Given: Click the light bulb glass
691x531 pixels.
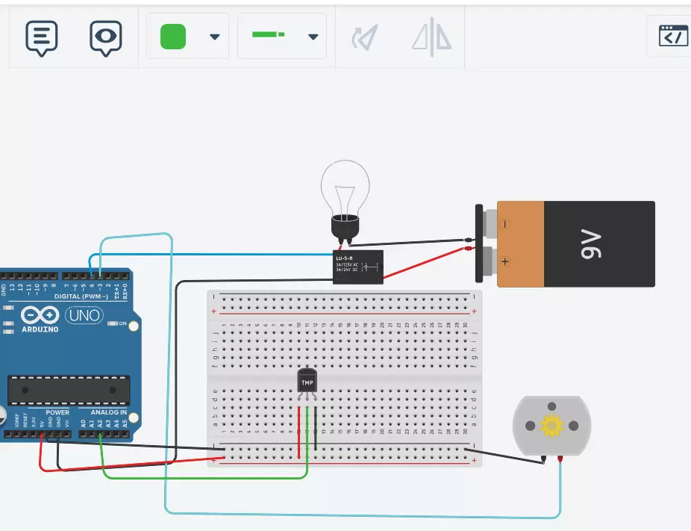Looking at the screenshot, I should [x=345, y=187].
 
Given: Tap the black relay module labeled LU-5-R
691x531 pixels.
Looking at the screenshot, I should [x=358, y=267].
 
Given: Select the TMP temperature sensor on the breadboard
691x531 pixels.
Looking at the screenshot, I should [x=307, y=381].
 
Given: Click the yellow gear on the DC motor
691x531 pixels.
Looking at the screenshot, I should [x=551, y=426].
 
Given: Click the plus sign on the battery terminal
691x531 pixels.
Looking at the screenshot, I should [x=505, y=261].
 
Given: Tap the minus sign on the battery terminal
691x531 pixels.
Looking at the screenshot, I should [x=505, y=223].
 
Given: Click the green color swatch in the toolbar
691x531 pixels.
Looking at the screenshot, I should [x=173, y=37].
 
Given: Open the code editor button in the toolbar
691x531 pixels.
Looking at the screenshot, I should [x=673, y=36].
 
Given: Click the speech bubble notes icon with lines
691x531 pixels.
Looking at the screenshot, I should [x=42, y=37].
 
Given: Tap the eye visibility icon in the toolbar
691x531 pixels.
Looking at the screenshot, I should [x=106, y=37].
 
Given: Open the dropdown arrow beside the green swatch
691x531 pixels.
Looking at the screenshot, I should [x=214, y=37].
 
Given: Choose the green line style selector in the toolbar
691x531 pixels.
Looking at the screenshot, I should [x=268, y=35].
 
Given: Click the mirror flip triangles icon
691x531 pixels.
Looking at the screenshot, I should [x=432, y=36].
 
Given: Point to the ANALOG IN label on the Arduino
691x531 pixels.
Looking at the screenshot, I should [x=109, y=412].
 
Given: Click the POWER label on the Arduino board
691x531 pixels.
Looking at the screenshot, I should [x=57, y=412].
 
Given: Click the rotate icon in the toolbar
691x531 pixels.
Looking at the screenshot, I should [x=365, y=37].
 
